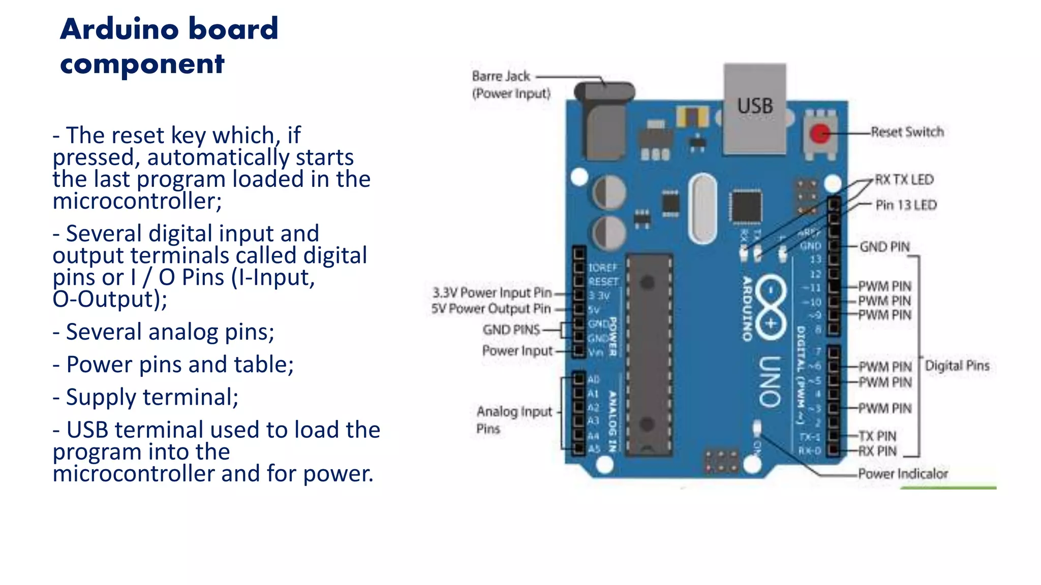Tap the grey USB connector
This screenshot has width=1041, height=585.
tap(755, 108)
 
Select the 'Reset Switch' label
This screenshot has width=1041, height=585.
tap(907, 132)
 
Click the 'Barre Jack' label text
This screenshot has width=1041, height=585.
tap(501, 76)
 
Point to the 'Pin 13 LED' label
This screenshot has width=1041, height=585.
tap(906, 205)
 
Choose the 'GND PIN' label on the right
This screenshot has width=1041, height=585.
tap(884, 247)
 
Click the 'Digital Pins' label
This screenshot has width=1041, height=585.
tap(957, 366)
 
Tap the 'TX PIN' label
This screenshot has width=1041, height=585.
tap(878, 436)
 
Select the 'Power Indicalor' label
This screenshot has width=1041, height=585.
tap(903, 474)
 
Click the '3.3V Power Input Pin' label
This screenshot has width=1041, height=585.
tap(492, 292)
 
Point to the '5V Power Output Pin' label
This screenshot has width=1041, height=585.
tap(491, 309)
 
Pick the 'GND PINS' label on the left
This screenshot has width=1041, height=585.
tap(511, 330)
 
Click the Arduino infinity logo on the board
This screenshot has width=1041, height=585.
tap(771, 307)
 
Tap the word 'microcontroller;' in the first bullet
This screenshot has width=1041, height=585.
tap(137, 201)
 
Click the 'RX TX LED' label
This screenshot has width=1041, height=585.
tap(904, 180)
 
